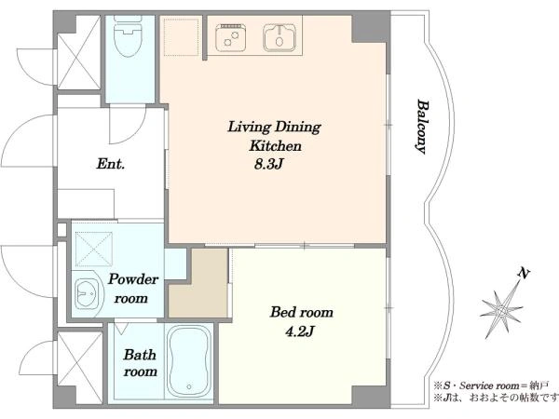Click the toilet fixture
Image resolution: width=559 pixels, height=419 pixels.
click(x=128, y=35)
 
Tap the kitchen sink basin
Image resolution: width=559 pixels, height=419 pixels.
click(x=279, y=37)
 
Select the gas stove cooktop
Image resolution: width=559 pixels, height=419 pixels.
click(x=229, y=37)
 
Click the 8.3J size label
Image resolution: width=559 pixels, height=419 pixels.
click(x=268, y=164)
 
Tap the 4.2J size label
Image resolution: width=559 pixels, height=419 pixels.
click(x=299, y=332)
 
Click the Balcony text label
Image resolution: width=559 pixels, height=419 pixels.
click(x=423, y=127)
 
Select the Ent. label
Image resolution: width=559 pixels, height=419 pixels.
click(x=111, y=164)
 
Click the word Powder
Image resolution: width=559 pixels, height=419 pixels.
click(x=133, y=279)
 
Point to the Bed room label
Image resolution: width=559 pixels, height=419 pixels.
click(x=302, y=312)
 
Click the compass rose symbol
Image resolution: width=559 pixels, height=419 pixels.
click(x=502, y=310)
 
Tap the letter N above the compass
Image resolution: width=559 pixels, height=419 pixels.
click(x=524, y=274)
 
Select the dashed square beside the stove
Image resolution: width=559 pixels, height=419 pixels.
click(x=181, y=37)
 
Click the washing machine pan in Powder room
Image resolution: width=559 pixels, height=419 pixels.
click(x=94, y=250)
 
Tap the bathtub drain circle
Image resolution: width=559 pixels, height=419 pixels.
click(x=188, y=386)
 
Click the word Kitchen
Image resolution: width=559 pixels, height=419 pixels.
click(x=275, y=146)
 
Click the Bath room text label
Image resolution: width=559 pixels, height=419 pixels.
click(x=140, y=363)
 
